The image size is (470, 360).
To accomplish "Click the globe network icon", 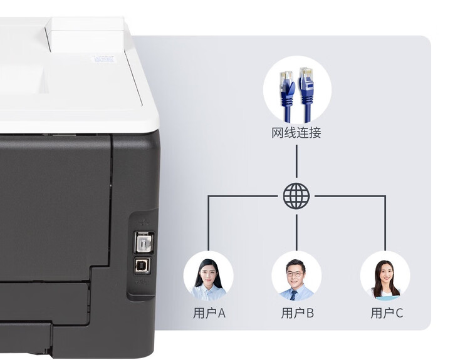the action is pos(296,196).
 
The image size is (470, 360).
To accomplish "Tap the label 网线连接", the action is pos(296,133).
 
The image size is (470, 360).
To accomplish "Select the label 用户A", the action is pos(209,313).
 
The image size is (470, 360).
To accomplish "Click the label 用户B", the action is pos(297,313).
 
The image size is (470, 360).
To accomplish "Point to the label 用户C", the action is pos(387,313).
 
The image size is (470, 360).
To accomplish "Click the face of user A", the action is pos(208,274).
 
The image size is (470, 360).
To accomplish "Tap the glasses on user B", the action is pos(295,274).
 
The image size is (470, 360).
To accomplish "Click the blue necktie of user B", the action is pos(293,295).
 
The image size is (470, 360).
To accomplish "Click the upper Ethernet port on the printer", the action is pos(144,242).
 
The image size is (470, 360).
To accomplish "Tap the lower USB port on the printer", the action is pos(142,265).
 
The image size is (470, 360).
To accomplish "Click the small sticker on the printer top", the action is pos(103,59).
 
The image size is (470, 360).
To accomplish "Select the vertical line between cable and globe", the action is pos(296,162).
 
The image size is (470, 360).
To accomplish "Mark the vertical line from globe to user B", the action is pos(296,232).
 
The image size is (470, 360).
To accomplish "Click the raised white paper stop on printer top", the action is pos(85,34).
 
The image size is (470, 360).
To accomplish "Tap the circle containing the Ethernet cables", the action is pos(297,90).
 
